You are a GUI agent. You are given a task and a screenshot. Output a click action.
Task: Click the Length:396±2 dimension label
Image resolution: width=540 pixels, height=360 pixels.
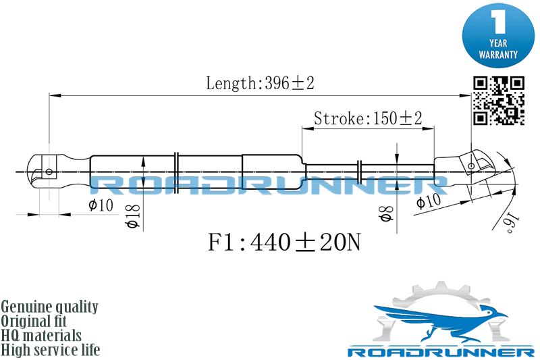click(260, 83)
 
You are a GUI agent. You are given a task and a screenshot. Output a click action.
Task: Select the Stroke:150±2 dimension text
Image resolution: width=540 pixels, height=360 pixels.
click(368, 118)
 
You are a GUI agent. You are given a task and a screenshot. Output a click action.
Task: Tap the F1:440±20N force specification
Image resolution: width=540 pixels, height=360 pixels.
click(284, 242)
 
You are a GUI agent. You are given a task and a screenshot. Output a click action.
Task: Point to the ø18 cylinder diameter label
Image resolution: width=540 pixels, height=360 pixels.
click(134, 216)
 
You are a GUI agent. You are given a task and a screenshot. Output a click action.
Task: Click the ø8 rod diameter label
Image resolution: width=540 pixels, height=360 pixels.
click(386, 214)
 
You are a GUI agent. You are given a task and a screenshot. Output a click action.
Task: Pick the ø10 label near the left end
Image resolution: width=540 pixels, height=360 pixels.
click(101, 205)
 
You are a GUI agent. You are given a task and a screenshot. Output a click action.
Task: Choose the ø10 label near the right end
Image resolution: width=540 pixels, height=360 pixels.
click(429, 201)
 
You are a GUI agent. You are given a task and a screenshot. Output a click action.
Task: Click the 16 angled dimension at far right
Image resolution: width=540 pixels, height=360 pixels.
click(512, 222)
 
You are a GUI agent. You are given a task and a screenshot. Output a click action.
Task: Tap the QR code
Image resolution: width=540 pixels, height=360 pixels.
click(498, 100)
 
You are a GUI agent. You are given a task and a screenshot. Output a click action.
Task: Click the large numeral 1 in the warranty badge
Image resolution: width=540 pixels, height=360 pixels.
click(498, 22)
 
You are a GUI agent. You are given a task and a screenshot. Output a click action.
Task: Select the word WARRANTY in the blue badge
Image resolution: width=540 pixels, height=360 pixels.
click(498, 55)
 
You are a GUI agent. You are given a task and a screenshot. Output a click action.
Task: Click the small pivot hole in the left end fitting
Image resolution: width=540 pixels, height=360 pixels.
click(49, 172)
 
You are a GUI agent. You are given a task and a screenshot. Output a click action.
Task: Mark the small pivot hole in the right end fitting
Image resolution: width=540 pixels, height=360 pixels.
click(471, 166)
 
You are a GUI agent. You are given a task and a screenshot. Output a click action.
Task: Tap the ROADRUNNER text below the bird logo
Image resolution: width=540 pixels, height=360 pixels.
click(441, 353)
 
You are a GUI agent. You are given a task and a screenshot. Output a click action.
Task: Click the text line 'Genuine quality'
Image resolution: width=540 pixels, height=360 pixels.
click(49, 307)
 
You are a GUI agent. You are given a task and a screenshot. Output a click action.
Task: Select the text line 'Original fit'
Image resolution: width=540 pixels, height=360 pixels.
click(34, 321)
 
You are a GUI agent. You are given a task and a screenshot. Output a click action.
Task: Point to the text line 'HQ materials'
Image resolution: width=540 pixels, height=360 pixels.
click(41, 335)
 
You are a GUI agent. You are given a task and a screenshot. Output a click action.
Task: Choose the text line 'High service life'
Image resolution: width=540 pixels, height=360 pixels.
click(51, 350)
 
